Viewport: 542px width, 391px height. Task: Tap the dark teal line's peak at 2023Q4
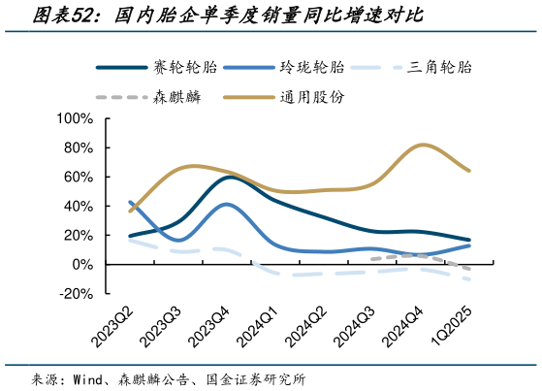(230, 178)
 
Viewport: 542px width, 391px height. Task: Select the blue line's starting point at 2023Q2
(131, 202)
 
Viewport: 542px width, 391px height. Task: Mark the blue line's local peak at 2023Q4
(227, 205)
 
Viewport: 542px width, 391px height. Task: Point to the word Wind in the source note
(90, 378)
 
